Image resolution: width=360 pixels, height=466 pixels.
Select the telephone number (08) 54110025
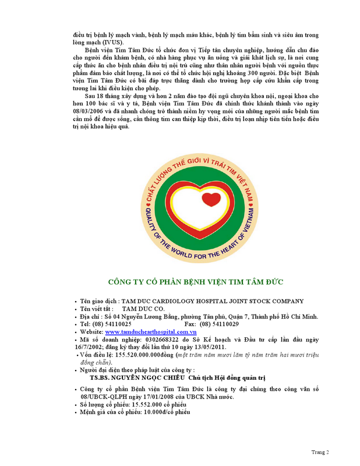pos(112,324)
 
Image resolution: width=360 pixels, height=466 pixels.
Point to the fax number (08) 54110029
pos(219,324)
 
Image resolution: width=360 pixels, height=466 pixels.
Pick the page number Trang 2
pos(320,452)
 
